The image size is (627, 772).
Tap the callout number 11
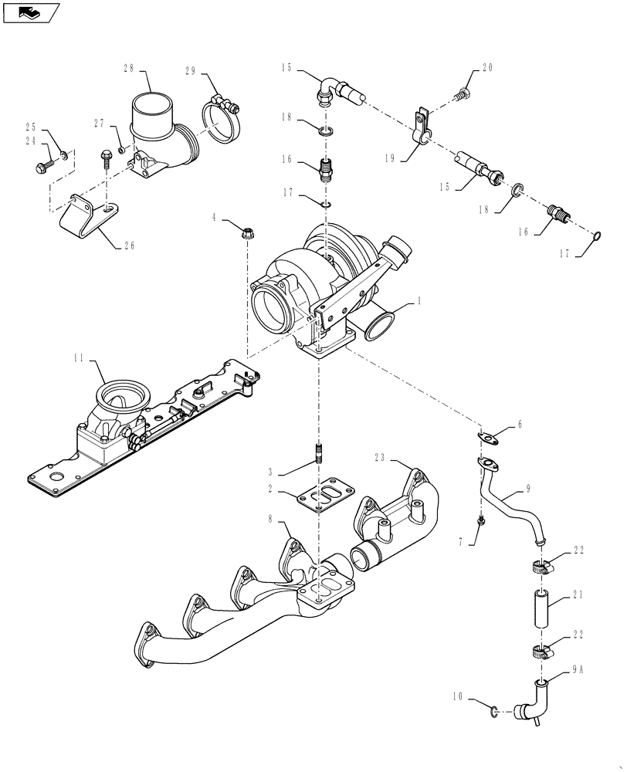[79, 358]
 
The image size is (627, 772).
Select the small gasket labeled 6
[488, 438]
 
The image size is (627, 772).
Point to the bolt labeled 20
[463, 94]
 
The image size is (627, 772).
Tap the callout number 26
[128, 246]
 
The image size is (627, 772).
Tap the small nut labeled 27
[122, 148]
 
